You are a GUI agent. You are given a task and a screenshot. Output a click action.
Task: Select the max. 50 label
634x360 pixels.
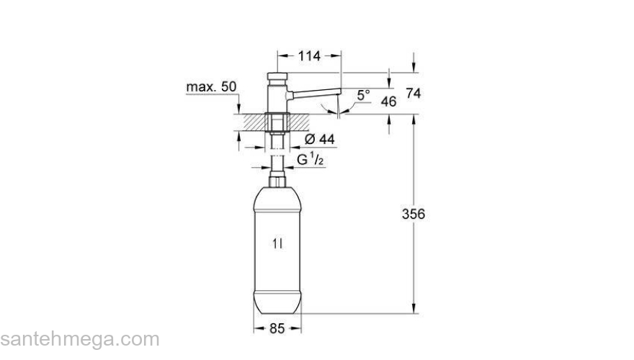coord(211,86)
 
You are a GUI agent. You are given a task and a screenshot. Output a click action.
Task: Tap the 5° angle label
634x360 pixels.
coord(363,94)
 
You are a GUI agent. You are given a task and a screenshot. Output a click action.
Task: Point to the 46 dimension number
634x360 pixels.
coord(388,102)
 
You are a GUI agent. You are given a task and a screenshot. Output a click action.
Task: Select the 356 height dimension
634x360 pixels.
coord(414,214)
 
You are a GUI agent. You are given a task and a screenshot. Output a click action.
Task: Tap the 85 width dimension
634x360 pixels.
coord(277,328)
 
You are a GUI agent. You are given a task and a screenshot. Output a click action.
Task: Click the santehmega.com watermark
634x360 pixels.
coord(79,339)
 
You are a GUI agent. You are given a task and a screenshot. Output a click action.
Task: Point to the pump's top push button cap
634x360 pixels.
coord(277,75)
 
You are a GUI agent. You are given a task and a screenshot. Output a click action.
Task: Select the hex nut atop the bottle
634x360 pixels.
coord(277,176)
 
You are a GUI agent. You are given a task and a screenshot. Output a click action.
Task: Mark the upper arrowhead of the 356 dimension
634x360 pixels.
coord(414,120)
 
